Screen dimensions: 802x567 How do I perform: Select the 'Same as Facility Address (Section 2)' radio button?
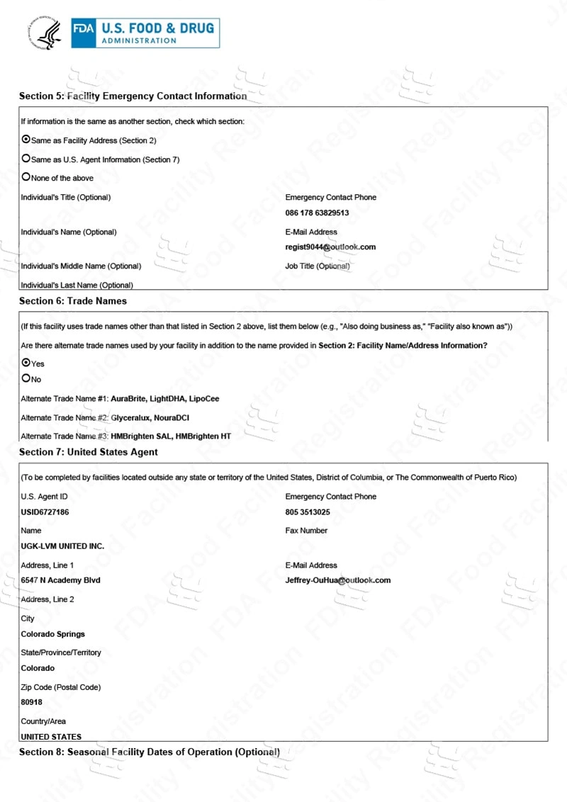pos(26,140)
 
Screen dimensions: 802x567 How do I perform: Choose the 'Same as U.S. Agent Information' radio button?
pos(26,159)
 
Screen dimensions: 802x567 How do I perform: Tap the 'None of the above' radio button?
pos(26,177)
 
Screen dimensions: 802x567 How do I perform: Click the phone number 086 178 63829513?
pos(317,213)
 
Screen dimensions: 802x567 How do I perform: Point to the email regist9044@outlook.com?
pos(330,247)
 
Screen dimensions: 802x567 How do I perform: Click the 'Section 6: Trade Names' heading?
pos(73,301)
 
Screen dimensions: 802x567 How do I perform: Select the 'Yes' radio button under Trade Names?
pos(26,363)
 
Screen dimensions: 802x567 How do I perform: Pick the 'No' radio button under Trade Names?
pos(26,378)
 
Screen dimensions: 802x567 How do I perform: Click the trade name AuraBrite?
pos(129,399)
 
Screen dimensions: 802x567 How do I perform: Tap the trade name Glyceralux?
pos(132,418)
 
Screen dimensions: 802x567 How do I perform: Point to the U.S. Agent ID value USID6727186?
pos(45,512)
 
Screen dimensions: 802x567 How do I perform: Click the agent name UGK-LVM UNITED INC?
pos(62,546)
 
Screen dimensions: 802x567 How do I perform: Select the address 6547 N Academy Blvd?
pos(60,580)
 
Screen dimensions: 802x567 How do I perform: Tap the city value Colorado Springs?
pos(52,634)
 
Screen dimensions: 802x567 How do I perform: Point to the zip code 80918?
pos(32,703)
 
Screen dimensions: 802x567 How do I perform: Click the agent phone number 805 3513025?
pos(308,512)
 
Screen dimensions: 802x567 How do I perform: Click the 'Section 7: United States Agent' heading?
pos(89,452)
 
